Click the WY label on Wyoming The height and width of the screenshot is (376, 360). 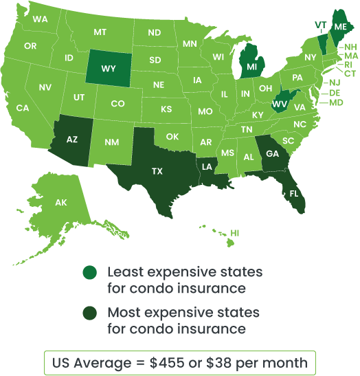(x=109, y=69)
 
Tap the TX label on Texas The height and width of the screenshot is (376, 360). (x=157, y=171)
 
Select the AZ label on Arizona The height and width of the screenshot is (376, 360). (x=72, y=139)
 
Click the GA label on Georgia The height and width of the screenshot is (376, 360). (x=273, y=154)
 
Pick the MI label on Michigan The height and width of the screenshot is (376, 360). (x=252, y=67)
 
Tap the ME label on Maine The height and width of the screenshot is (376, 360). (x=341, y=26)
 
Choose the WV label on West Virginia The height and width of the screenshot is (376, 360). (x=279, y=104)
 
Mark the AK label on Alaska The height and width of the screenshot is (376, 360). (x=61, y=203)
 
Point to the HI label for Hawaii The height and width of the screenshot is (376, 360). (x=235, y=234)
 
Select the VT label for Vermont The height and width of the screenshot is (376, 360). (x=320, y=24)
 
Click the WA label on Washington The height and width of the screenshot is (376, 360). (x=40, y=19)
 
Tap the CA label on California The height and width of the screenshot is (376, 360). (x=23, y=108)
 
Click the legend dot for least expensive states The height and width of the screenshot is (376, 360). (x=89, y=273)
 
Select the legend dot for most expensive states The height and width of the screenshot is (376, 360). (x=89, y=313)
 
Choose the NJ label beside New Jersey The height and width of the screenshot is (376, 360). (x=335, y=82)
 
